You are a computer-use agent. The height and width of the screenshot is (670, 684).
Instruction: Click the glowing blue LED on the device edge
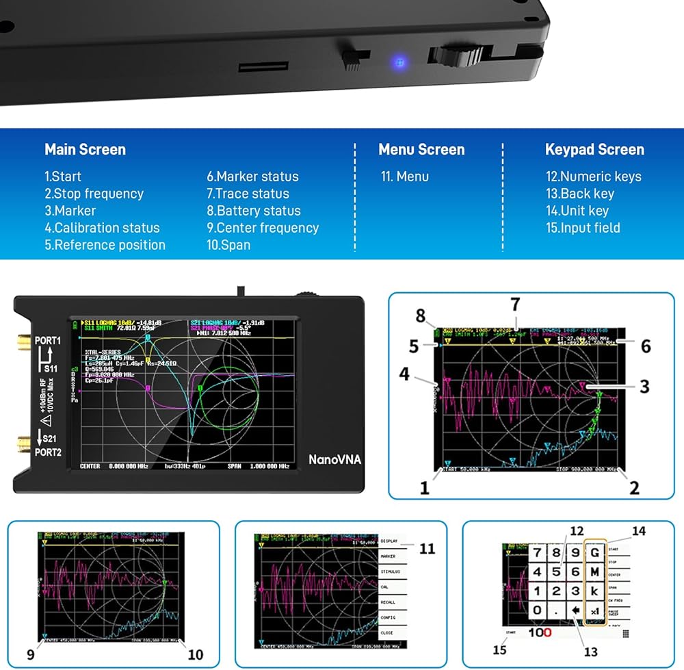399,64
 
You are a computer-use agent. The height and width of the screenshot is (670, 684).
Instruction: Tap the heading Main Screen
85,149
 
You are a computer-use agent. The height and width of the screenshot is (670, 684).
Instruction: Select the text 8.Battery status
254,211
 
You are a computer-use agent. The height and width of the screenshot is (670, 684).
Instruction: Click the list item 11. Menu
405,177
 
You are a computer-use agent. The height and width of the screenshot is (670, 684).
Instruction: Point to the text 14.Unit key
577,211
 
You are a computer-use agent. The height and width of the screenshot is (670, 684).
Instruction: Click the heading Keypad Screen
594,149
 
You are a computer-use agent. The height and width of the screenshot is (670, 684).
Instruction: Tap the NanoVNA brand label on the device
333,459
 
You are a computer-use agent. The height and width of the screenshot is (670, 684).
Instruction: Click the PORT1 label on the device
48,340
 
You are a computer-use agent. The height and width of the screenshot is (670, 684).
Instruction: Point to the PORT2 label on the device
48,452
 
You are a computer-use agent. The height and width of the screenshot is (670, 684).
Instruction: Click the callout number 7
515,304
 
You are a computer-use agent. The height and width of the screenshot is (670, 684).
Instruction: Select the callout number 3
644,387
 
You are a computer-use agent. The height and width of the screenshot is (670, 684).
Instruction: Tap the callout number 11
428,548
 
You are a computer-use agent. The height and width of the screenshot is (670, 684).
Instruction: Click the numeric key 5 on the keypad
556,571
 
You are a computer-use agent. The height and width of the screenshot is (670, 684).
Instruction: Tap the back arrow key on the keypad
575,610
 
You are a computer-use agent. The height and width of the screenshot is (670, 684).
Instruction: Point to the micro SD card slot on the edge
263,66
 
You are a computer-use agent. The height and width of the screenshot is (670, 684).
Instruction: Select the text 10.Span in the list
228,245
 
